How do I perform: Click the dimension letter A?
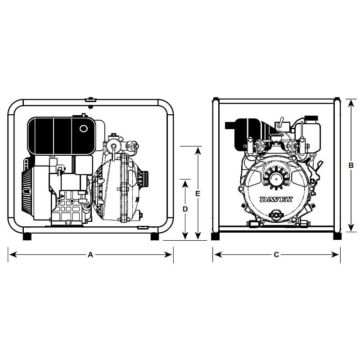[91, 255]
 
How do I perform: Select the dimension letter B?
[351, 165]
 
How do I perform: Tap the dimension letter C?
[276, 255]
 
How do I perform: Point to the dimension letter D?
[185, 209]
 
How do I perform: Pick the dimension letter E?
[198, 193]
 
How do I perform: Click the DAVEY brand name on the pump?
[276, 199]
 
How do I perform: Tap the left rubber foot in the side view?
[27, 237]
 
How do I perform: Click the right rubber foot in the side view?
[154, 237]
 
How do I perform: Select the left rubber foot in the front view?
[215, 236]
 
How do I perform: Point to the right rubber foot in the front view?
[337, 236]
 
